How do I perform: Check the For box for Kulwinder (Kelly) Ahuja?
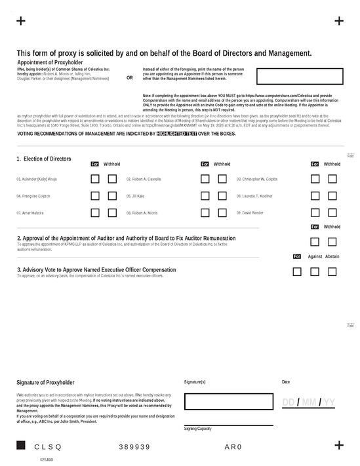pos(95,178)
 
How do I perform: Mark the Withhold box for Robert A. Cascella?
pos(222,178)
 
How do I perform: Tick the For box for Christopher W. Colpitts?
pos(315,178)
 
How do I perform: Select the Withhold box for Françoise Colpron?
pos(112,195)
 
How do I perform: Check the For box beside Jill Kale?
pos(205,195)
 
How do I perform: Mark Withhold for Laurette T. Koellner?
pos(332,195)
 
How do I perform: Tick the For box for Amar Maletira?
pos(95,212)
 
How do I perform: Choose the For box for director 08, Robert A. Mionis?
pos(205,212)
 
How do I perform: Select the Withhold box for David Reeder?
pos(332,212)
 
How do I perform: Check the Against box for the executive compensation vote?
pos(315,271)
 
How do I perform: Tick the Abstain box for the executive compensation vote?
pos(332,271)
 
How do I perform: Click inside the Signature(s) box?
pos(228,401)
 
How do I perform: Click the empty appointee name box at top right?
pos(299,76)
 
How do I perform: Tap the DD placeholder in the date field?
pos(289,402)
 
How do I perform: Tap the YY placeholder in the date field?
pos(329,402)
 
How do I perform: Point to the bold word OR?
pos(129,77)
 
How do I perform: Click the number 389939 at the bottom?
pos(134,446)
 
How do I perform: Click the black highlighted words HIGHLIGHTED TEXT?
pos(177,134)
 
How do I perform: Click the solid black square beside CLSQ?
pos(20,446)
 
